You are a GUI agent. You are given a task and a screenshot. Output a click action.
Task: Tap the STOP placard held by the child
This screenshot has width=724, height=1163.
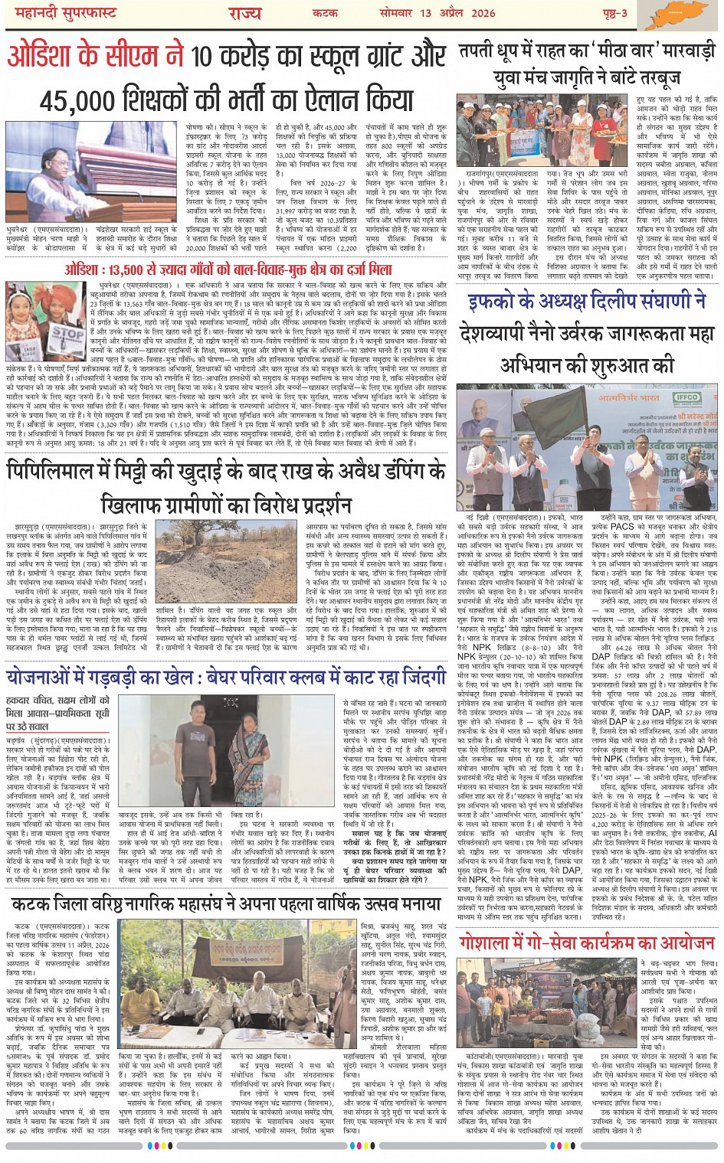click(x=67, y=335)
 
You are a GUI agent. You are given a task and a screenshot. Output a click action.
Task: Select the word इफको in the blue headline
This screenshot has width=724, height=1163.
click(x=497, y=302)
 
